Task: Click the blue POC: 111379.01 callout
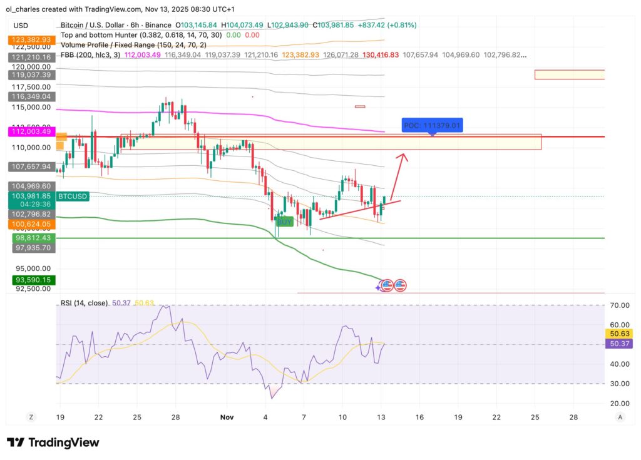point(432,126)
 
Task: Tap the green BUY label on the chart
point(285,222)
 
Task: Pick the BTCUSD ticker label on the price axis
point(73,196)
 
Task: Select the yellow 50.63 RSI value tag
point(619,334)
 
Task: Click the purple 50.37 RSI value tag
point(619,344)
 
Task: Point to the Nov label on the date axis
point(226,417)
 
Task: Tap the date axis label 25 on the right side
point(535,417)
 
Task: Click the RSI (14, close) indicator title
point(85,303)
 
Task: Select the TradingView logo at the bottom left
point(53,442)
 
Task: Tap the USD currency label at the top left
point(21,26)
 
